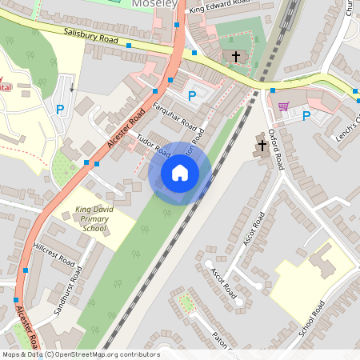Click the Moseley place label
(154, 4)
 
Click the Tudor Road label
(154, 144)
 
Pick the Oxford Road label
(276, 149)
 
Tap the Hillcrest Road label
(54, 256)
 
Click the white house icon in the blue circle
(180, 173)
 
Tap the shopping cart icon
(282, 105)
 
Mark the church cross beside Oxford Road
(262, 145)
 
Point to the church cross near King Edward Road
(235, 56)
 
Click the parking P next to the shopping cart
(306, 116)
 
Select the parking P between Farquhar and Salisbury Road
(191, 96)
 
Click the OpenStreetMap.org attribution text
(80, 354)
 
